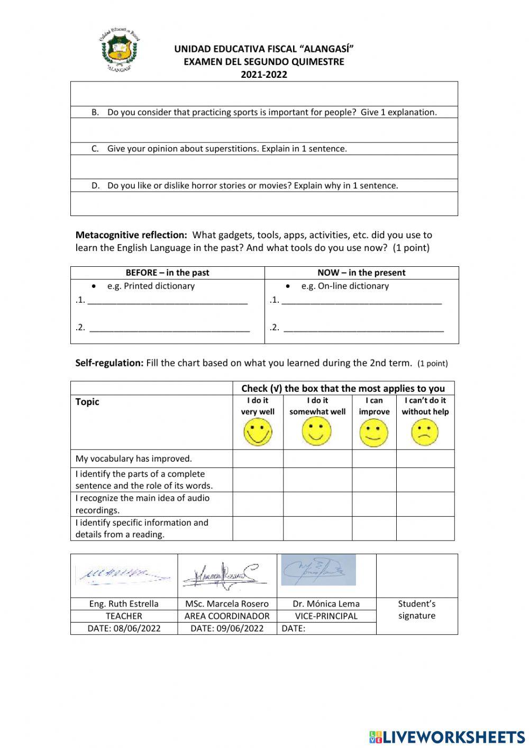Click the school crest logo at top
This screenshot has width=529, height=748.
[x=119, y=51]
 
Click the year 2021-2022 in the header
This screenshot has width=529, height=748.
[x=264, y=75]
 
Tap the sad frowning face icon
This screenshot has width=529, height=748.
[x=425, y=432]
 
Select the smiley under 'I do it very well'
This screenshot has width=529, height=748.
[x=258, y=432]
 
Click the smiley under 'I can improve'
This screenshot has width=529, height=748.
[x=373, y=432]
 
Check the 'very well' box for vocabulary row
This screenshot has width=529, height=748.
[x=258, y=459]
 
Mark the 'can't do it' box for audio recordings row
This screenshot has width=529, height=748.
[x=425, y=504]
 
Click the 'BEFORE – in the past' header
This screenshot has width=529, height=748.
[x=167, y=273]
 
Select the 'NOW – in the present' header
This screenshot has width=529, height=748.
[x=361, y=273]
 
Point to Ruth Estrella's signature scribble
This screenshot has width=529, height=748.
[x=123, y=574]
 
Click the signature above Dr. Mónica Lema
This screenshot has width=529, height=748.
[x=318, y=570]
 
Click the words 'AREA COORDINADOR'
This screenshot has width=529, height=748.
[x=227, y=616]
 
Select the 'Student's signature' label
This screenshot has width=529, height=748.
[x=417, y=610]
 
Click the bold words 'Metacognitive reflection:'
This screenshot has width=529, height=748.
[x=131, y=235]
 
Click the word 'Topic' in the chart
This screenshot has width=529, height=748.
[x=87, y=402]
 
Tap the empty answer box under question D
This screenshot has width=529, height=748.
[x=264, y=204]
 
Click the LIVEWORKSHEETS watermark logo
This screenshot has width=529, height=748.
[x=447, y=737]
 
